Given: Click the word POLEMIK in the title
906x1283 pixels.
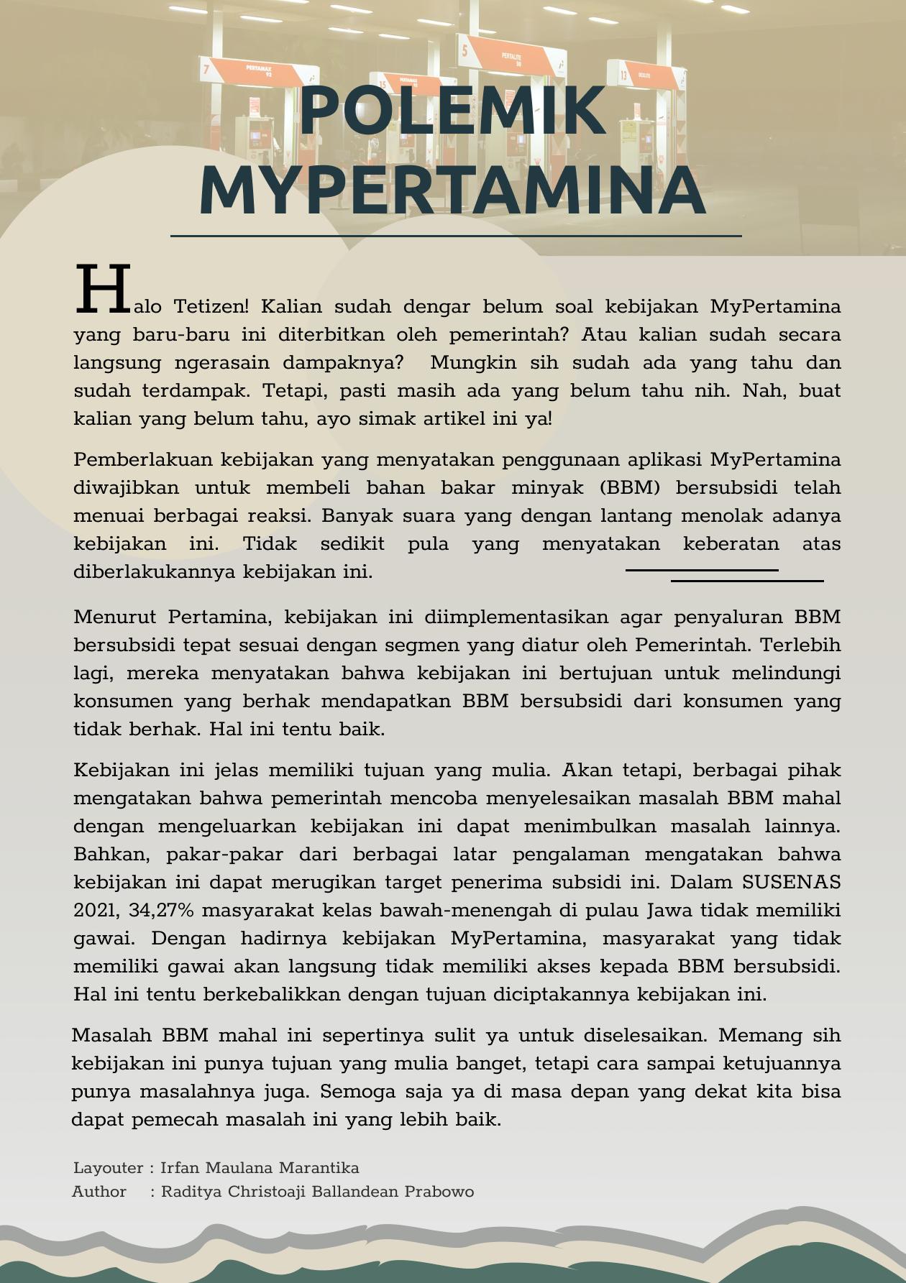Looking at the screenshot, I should coord(452,111).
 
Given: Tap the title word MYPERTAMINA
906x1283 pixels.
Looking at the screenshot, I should coord(452,190).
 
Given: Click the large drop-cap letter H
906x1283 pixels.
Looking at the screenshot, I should coord(103,290).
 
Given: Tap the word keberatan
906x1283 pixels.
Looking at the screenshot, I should coord(731,544).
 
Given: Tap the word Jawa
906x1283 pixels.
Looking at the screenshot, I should coord(671,911).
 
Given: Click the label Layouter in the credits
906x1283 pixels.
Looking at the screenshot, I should coord(108,1168).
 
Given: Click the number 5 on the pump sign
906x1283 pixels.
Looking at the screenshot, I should coord(465,50).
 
